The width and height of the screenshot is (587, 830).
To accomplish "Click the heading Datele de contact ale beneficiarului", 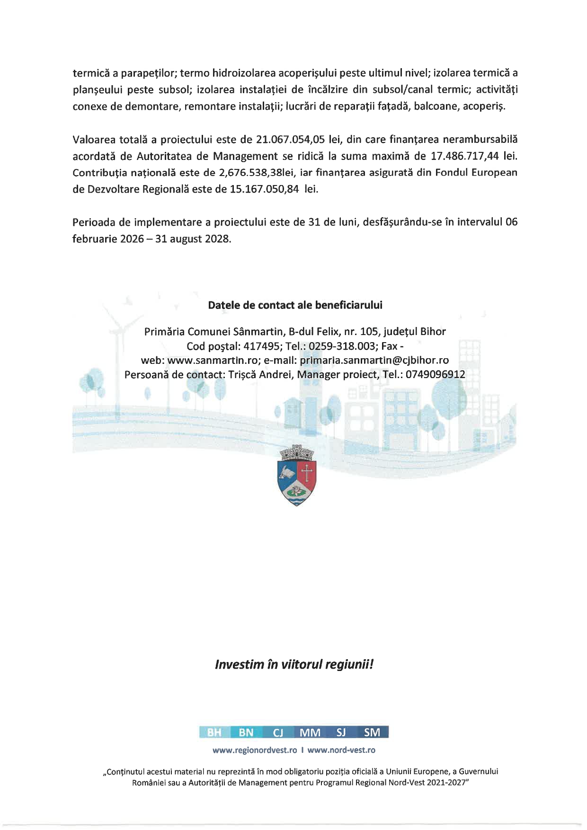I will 295,305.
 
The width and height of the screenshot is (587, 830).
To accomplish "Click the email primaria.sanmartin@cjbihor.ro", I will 374,360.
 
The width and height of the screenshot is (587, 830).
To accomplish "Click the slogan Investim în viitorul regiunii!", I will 294,664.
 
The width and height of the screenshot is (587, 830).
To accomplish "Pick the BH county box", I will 215,733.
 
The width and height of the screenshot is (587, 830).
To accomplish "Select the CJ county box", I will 278,733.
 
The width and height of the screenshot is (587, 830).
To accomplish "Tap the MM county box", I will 310,733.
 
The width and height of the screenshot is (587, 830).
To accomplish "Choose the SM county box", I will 372,733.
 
